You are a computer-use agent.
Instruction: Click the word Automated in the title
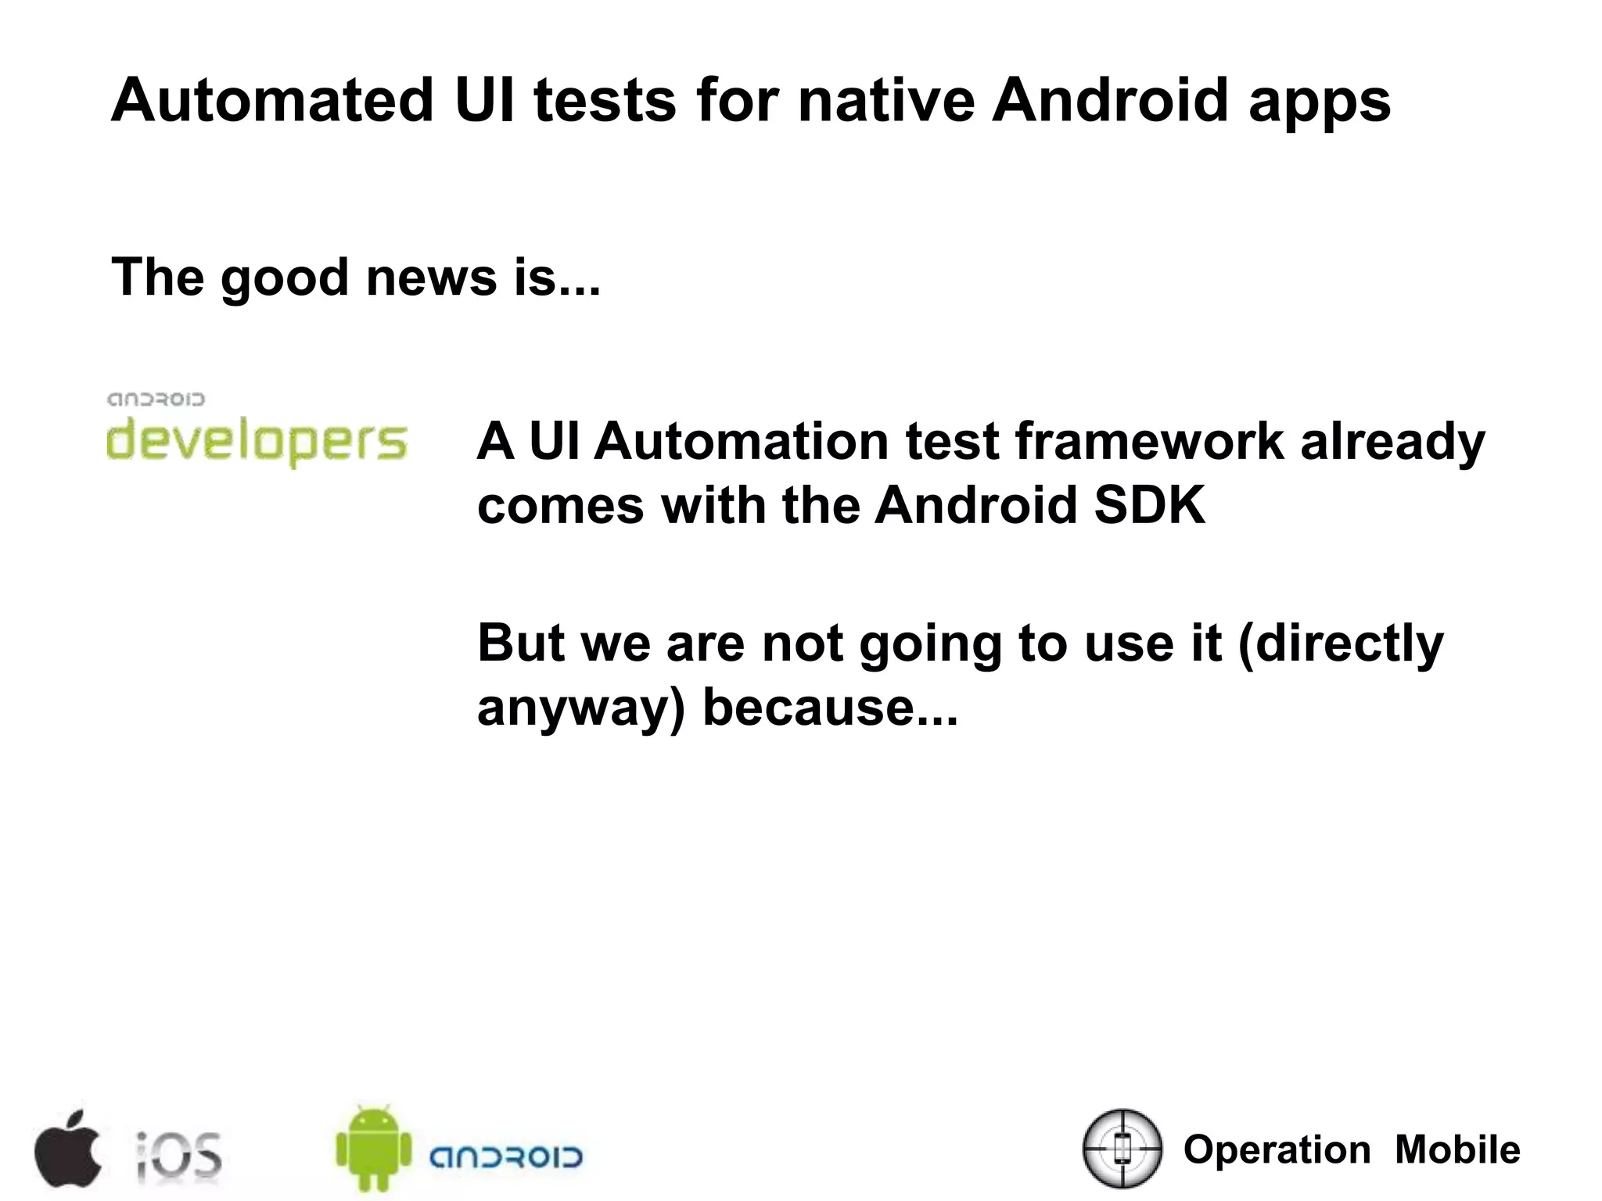(x=272, y=100)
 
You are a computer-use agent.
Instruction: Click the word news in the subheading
(x=431, y=277)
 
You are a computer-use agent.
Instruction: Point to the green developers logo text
(x=257, y=443)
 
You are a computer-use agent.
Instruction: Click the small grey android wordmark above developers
(x=156, y=400)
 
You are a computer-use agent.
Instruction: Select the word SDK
(x=1149, y=505)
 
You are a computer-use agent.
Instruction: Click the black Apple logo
(x=68, y=1149)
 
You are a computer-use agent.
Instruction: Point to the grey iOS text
(x=179, y=1155)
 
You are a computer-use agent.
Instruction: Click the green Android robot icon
(x=373, y=1149)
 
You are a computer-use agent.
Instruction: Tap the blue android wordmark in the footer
(x=506, y=1157)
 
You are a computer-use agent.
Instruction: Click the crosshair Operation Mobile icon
(x=1122, y=1149)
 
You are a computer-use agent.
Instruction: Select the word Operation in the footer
(x=1277, y=1150)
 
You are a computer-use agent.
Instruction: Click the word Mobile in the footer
(x=1457, y=1150)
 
